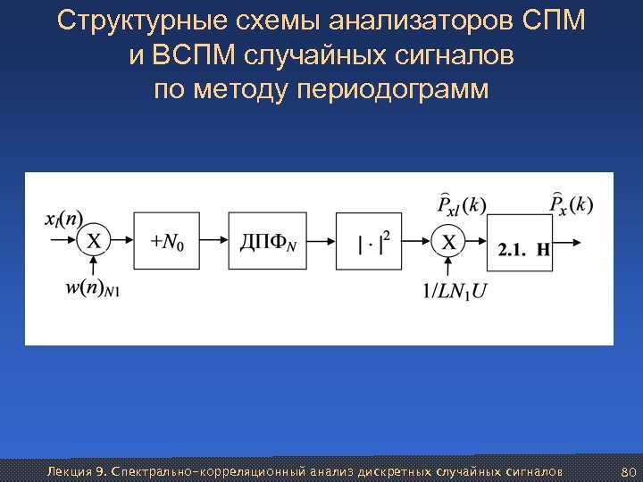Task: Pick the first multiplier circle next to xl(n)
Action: click(x=94, y=241)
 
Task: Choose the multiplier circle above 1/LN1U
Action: click(x=448, y=241)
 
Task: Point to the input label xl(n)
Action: click(x=63, y=219)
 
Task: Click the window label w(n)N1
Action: click(x=93, y=288)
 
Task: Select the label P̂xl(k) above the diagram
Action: click(x=462, y=204)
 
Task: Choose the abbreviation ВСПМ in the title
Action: click(x=182, y=56)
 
